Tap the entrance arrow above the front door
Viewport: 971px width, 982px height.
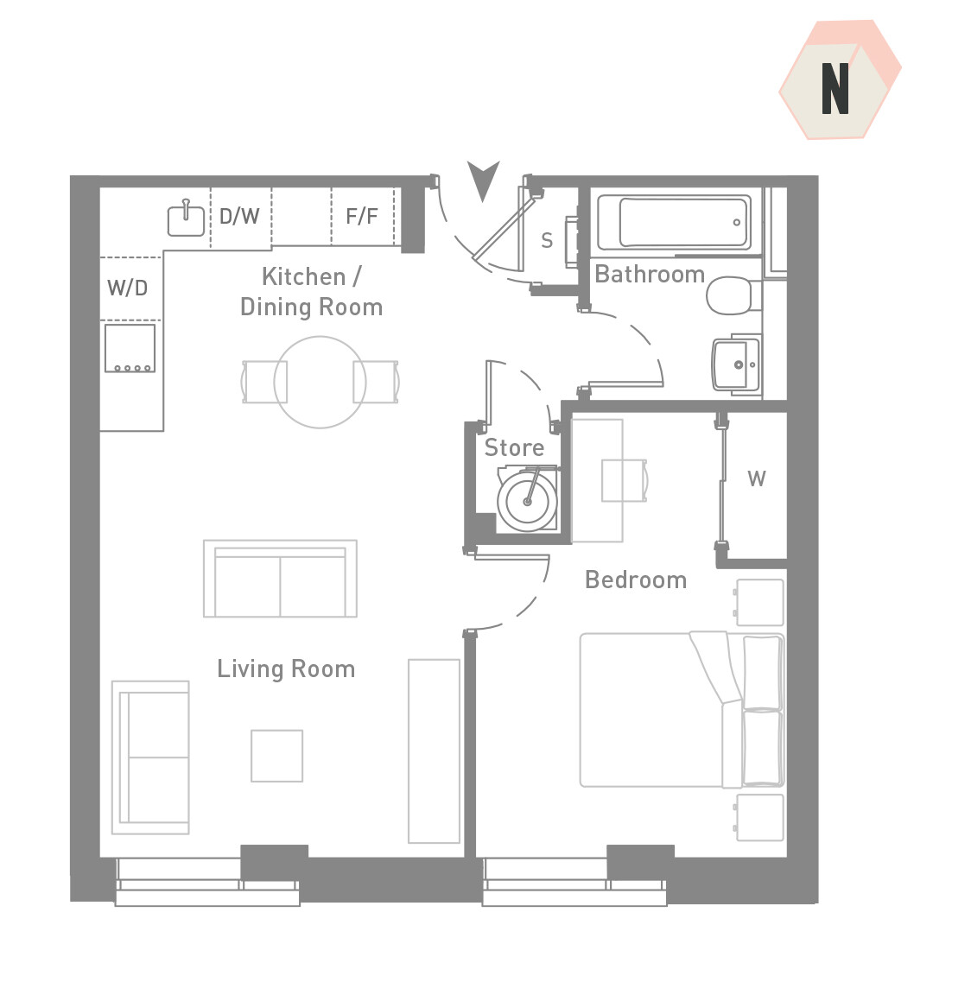483,179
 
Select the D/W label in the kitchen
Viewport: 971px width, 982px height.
239,216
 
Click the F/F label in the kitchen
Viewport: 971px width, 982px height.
361,216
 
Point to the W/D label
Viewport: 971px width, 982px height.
127,288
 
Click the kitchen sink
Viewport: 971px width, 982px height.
186,219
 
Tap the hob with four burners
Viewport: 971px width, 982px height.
130,348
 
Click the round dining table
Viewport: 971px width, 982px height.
320,382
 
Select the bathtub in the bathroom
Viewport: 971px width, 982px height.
675,222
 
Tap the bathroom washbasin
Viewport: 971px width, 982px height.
736,364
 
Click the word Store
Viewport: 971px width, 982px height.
514,447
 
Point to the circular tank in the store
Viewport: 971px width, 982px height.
528,501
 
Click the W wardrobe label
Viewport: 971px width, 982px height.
756,478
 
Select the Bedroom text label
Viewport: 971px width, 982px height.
636,580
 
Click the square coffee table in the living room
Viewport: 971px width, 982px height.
277,756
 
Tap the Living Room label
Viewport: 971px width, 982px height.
286,668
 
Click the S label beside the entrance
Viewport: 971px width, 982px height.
547,240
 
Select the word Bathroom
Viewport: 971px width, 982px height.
650,275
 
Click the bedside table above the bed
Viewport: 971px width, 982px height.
760,603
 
